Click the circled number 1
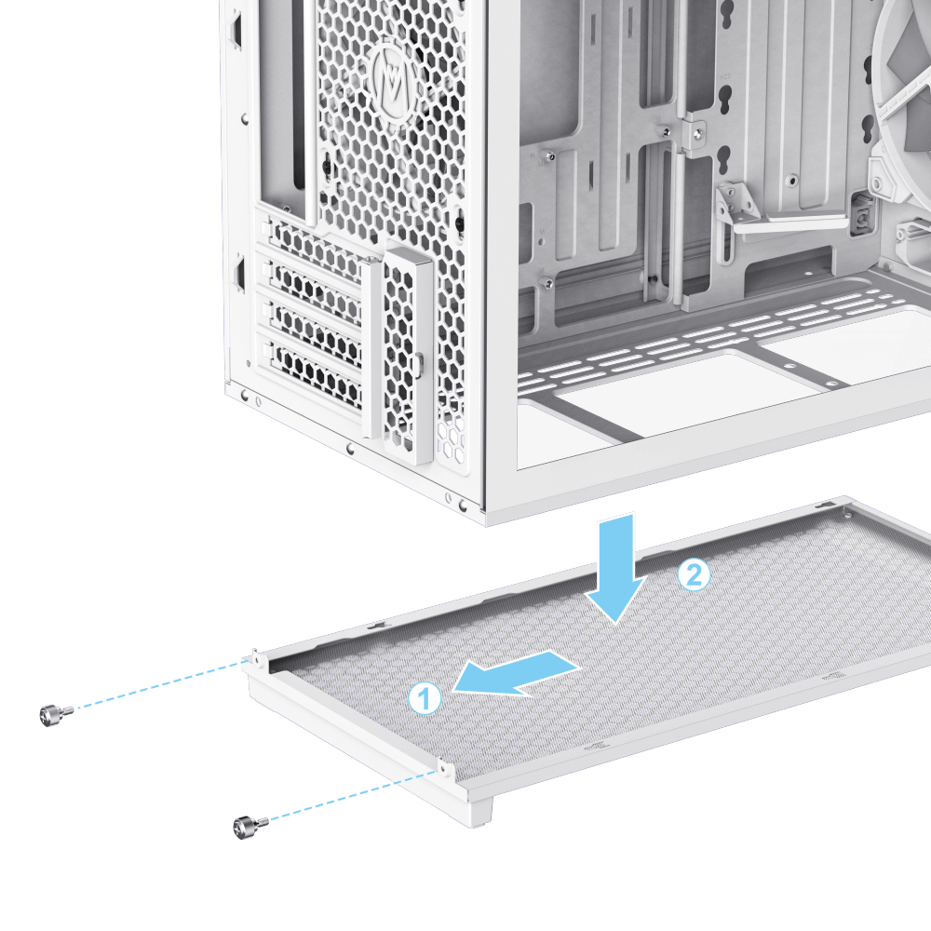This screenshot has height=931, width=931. click(x=425, y=698)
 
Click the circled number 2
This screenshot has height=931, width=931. click(x=694, y=574)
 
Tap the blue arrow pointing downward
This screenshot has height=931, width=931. click(x=615, y=568)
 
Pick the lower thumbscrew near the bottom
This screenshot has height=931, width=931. click(x=250, y=827)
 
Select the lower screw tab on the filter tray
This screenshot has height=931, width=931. click(x=445, y=770)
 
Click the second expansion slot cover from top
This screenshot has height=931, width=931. click(x=313, y=287)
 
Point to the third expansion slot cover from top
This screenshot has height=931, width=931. click(x=314, y=330)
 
